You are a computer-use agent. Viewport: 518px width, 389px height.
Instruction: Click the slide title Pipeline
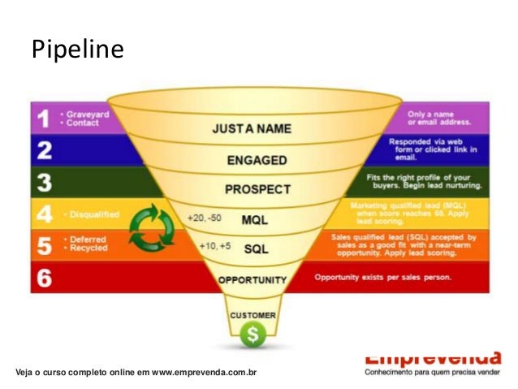point(77,50)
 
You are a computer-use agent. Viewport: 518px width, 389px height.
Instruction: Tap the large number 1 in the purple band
point(44,119)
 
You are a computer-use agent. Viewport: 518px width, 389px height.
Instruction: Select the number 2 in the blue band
point(45,150)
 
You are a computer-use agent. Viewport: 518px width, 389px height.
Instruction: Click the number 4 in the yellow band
point(45,214)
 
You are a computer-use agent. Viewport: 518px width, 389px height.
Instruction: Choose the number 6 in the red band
point(45,278)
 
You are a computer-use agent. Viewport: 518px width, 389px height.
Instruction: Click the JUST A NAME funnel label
point(252,129)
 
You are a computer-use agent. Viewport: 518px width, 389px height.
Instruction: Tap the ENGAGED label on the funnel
point(257,160)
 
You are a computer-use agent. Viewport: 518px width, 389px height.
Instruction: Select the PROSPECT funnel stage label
point(257,189)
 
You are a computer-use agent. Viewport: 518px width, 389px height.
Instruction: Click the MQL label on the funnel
point(255,219)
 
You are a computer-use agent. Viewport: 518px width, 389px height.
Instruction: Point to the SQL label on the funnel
point(256,249)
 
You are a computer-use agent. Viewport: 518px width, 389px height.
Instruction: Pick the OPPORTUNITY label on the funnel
point(253,280)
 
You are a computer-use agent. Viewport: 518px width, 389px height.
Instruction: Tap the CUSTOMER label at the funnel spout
point(253,314)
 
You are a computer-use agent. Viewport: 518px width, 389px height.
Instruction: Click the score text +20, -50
point(203,218)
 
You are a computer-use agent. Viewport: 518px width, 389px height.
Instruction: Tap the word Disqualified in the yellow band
point(93,214)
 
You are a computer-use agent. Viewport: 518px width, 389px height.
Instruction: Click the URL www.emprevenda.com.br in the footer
point(205,372)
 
